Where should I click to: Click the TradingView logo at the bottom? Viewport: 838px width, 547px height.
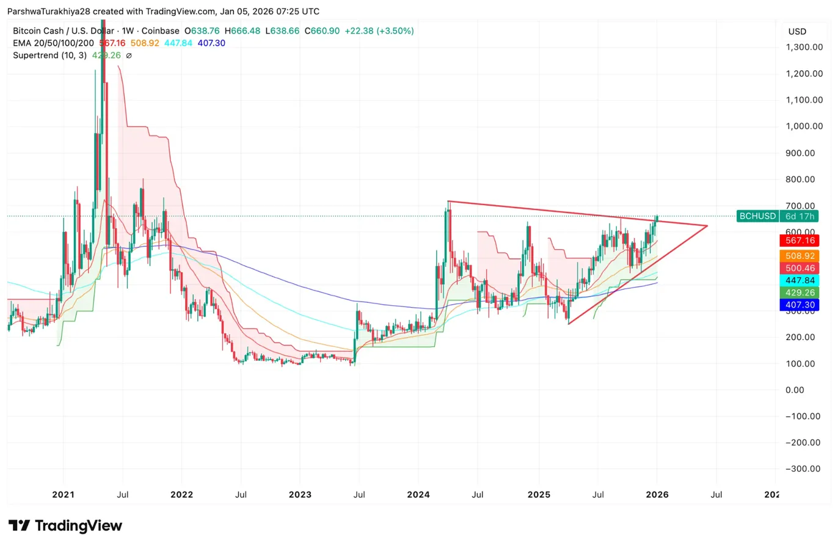(x=66, y=526)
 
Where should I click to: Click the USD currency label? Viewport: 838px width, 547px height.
(x=797, y=31)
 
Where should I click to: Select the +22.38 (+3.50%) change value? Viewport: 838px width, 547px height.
(x=379, y=31)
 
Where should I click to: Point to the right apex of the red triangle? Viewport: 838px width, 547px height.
(x=707, y=226)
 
